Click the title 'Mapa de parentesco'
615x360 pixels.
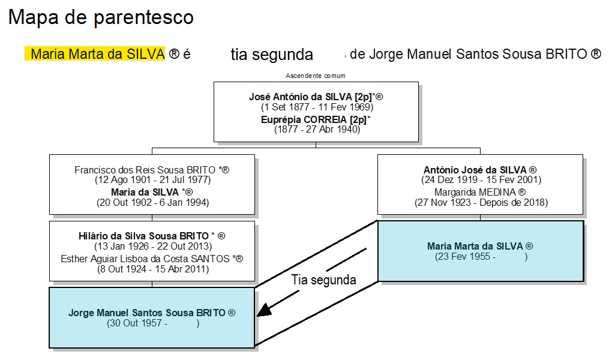click(x=101, y=17)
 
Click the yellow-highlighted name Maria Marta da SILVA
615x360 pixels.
click(x=97, y=54)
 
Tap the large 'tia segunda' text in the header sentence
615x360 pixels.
click(x=272, y=55)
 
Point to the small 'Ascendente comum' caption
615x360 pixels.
click(x=316, y=76)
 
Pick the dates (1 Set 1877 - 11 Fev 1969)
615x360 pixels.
click(x=317, y=107)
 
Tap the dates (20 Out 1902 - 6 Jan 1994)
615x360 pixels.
click(x=152, y=203)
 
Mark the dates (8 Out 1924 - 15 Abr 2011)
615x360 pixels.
click(x=152, y=269)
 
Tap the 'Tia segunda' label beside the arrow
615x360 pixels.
click(x=323, y=280)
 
